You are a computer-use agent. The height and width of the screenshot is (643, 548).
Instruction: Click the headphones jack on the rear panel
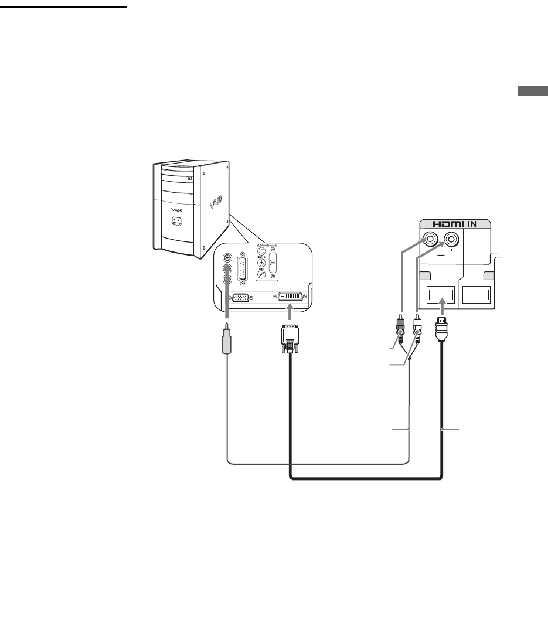click(x=263, y=262)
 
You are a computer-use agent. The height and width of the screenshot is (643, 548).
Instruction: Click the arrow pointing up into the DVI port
click(x=291, y=314)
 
